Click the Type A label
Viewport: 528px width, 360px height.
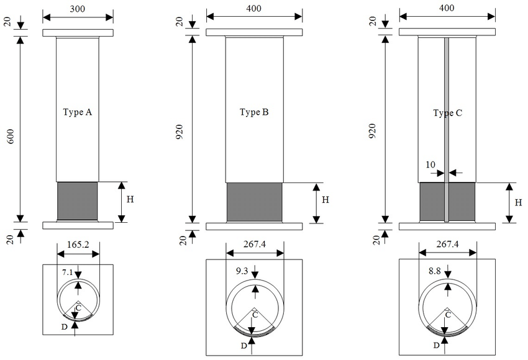[x=78, y=112]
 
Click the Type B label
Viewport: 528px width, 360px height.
[x=253, y=112]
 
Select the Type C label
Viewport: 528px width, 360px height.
[x=447, y=114]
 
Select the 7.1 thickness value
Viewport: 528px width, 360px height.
[x=67, y=272]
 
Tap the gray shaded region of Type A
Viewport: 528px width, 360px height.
[x=78, y=200]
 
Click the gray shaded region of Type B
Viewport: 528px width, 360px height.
[x=253, y=202]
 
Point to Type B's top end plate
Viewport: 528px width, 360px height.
[x=253, y=32]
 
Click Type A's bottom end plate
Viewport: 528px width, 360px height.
[x=78, y=225]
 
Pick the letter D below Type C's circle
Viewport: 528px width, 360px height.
[x=437, y=344]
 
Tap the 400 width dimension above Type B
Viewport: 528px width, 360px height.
[x=253, y=8]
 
